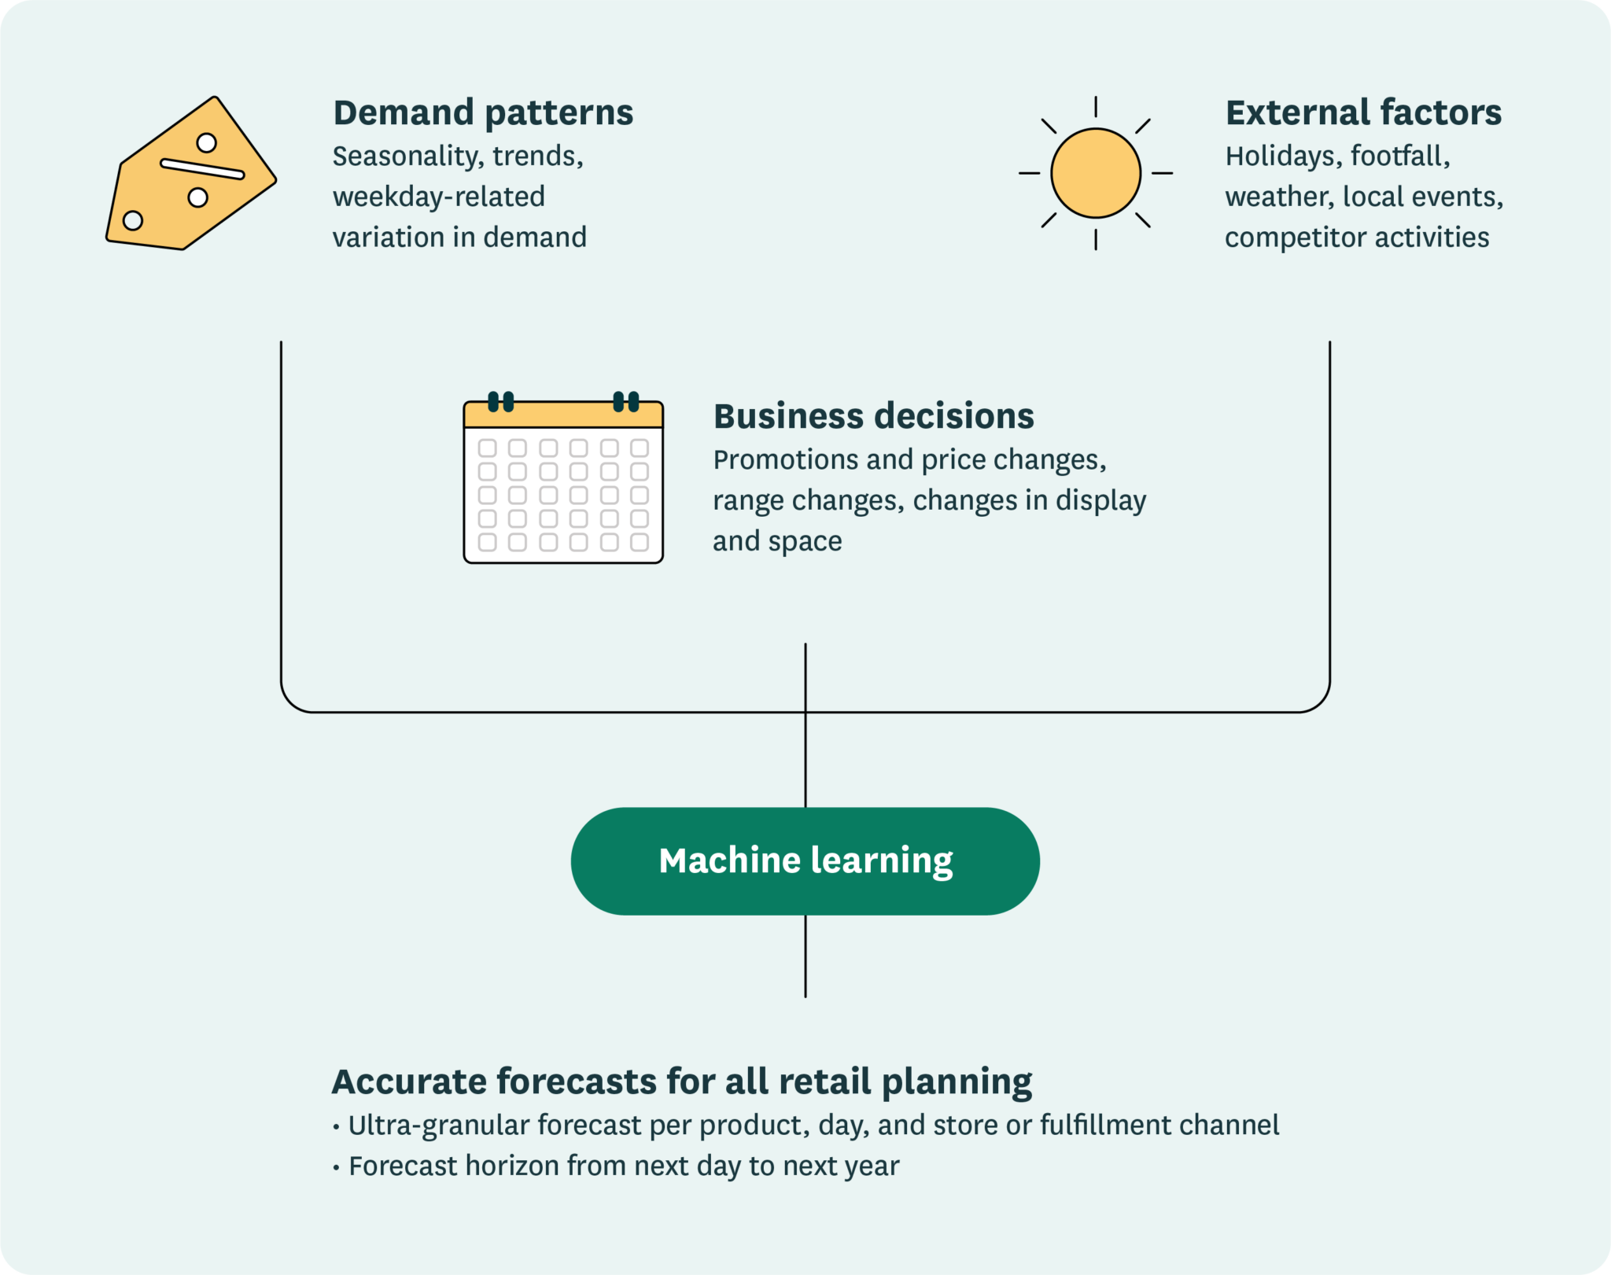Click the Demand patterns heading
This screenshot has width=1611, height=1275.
coord(483,112)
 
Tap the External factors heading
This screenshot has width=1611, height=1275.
coord(1363,112)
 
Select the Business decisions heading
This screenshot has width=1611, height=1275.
coord(873,416)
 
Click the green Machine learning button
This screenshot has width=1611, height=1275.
coord(805,861)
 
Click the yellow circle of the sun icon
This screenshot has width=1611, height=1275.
coord(1095,173)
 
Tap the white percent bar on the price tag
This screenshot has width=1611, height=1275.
coord(202,169)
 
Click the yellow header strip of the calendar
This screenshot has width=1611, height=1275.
coord(562,415)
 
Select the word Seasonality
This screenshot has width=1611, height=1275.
coord(405,157)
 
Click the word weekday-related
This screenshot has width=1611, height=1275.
coord(438,197)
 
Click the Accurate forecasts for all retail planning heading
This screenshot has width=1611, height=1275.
coord(681,1082)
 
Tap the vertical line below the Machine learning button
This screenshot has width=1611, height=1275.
coord(805,956)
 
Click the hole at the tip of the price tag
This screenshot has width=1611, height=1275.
coord(133,220)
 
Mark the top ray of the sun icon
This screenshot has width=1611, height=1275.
coord(1095,107)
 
